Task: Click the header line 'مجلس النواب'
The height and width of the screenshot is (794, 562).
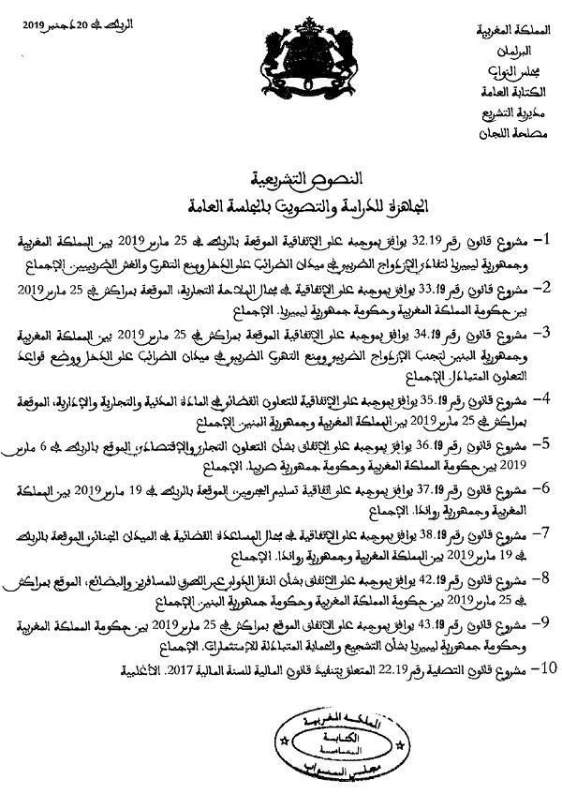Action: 513,72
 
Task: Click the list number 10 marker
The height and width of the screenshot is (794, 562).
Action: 541,695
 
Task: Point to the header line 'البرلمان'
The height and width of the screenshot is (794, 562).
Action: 516,52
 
